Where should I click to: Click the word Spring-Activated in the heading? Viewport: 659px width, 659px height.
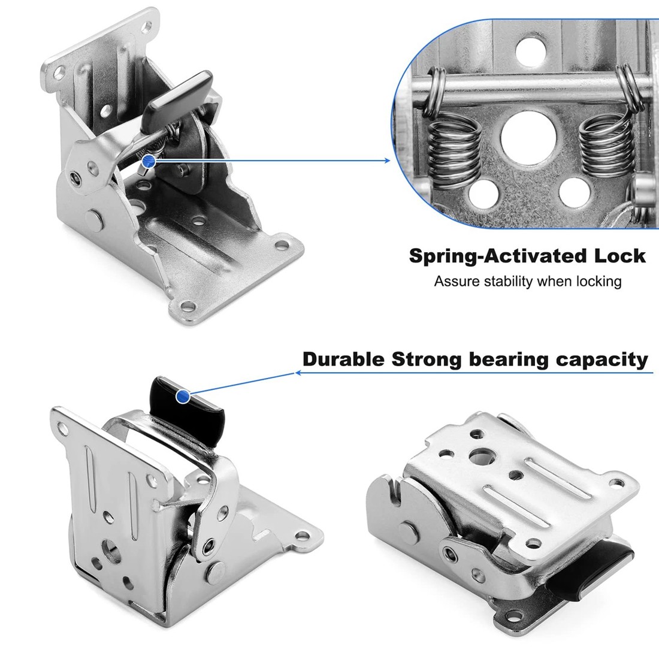[489, 256]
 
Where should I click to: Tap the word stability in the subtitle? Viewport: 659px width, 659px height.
[504, 281]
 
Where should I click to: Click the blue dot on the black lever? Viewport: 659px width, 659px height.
[183, 396]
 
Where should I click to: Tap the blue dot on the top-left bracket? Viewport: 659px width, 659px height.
[149, 161]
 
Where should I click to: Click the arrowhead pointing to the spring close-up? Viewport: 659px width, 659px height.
[386, 160]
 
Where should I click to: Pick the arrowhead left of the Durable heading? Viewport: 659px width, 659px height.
[298, 373]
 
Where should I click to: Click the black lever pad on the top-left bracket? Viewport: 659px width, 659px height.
[179, 95]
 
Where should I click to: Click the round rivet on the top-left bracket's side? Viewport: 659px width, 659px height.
[94, 218]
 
